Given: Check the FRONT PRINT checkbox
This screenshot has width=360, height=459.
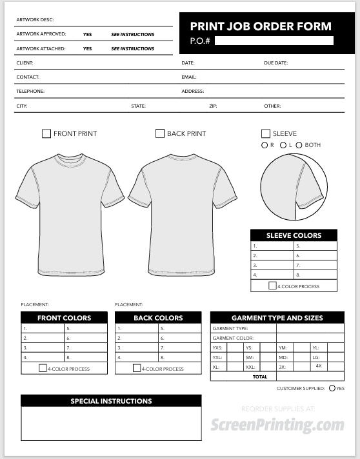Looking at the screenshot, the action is [x=46, y=133].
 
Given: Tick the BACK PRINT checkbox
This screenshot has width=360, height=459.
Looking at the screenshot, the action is [x=160, y=133].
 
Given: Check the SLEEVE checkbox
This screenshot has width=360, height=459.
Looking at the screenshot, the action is [x=266, y=133].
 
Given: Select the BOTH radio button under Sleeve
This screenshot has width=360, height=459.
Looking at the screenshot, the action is [x=299, y=145].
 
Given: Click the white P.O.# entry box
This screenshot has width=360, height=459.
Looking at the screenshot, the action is [x=274, y=41].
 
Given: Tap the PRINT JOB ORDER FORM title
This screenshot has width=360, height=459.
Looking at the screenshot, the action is [x=261, y=26].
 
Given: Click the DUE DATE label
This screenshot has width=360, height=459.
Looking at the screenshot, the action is [x=275, y=63].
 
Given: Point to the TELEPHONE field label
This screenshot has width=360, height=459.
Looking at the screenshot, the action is [x=30, y=92].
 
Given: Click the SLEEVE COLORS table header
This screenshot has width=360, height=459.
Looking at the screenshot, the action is [x=294, y=235].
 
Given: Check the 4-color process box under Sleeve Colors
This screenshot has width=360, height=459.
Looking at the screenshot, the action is [x=273, y=286].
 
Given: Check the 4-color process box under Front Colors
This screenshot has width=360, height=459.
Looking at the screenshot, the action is [x=43, y=368].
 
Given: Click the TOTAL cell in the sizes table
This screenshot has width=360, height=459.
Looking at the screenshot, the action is [x=260, y=376].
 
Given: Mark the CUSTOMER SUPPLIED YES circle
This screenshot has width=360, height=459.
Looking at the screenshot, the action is [x=332, y=388].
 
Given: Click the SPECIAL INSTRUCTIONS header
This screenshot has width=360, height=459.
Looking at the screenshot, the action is [x=111, y=401].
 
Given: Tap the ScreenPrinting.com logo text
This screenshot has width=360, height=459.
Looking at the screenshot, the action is [x=277, y=425].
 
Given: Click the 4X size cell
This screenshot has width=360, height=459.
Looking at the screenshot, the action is [x=319, y=366].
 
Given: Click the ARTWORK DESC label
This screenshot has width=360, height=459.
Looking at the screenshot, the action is [x=35, y=20].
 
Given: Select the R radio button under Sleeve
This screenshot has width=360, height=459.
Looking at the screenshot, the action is [x=265, y=145].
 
